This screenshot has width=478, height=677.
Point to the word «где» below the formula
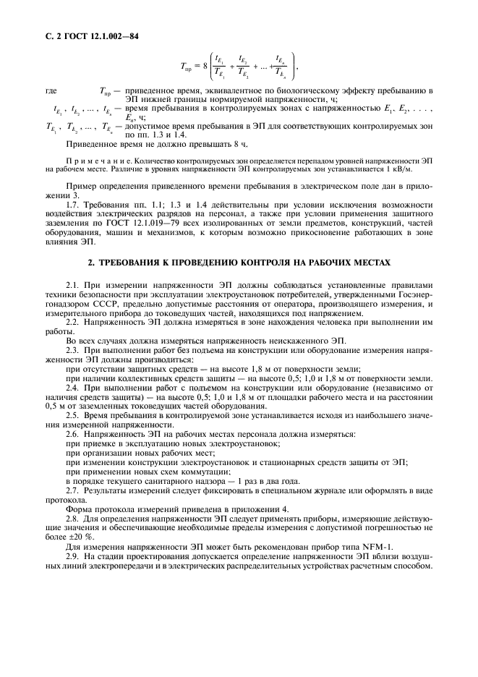coord(51,91)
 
